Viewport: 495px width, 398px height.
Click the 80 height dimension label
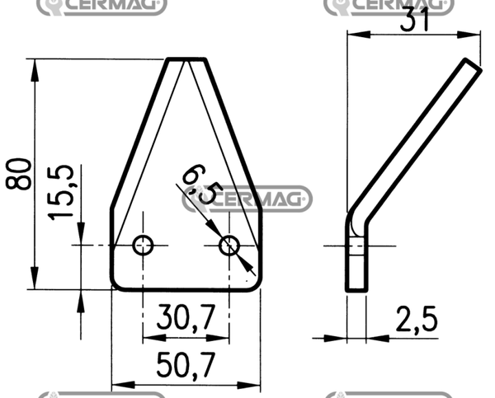click(x=19, y=174)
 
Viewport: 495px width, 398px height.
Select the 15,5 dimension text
click(x=61, y=192)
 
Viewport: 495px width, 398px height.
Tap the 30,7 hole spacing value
click(x=186, y=317)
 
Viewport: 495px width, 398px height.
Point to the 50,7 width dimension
click(x=186, y=365)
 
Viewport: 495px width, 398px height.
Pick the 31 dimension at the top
click(x=414, y=20)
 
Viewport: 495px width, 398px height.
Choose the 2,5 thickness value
click(x=417, y=320)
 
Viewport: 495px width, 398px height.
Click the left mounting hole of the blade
click(x=143, y=245)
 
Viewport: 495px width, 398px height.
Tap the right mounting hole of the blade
click(x=229, y=246)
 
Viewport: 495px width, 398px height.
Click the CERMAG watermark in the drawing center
click(x=247, y=199)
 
